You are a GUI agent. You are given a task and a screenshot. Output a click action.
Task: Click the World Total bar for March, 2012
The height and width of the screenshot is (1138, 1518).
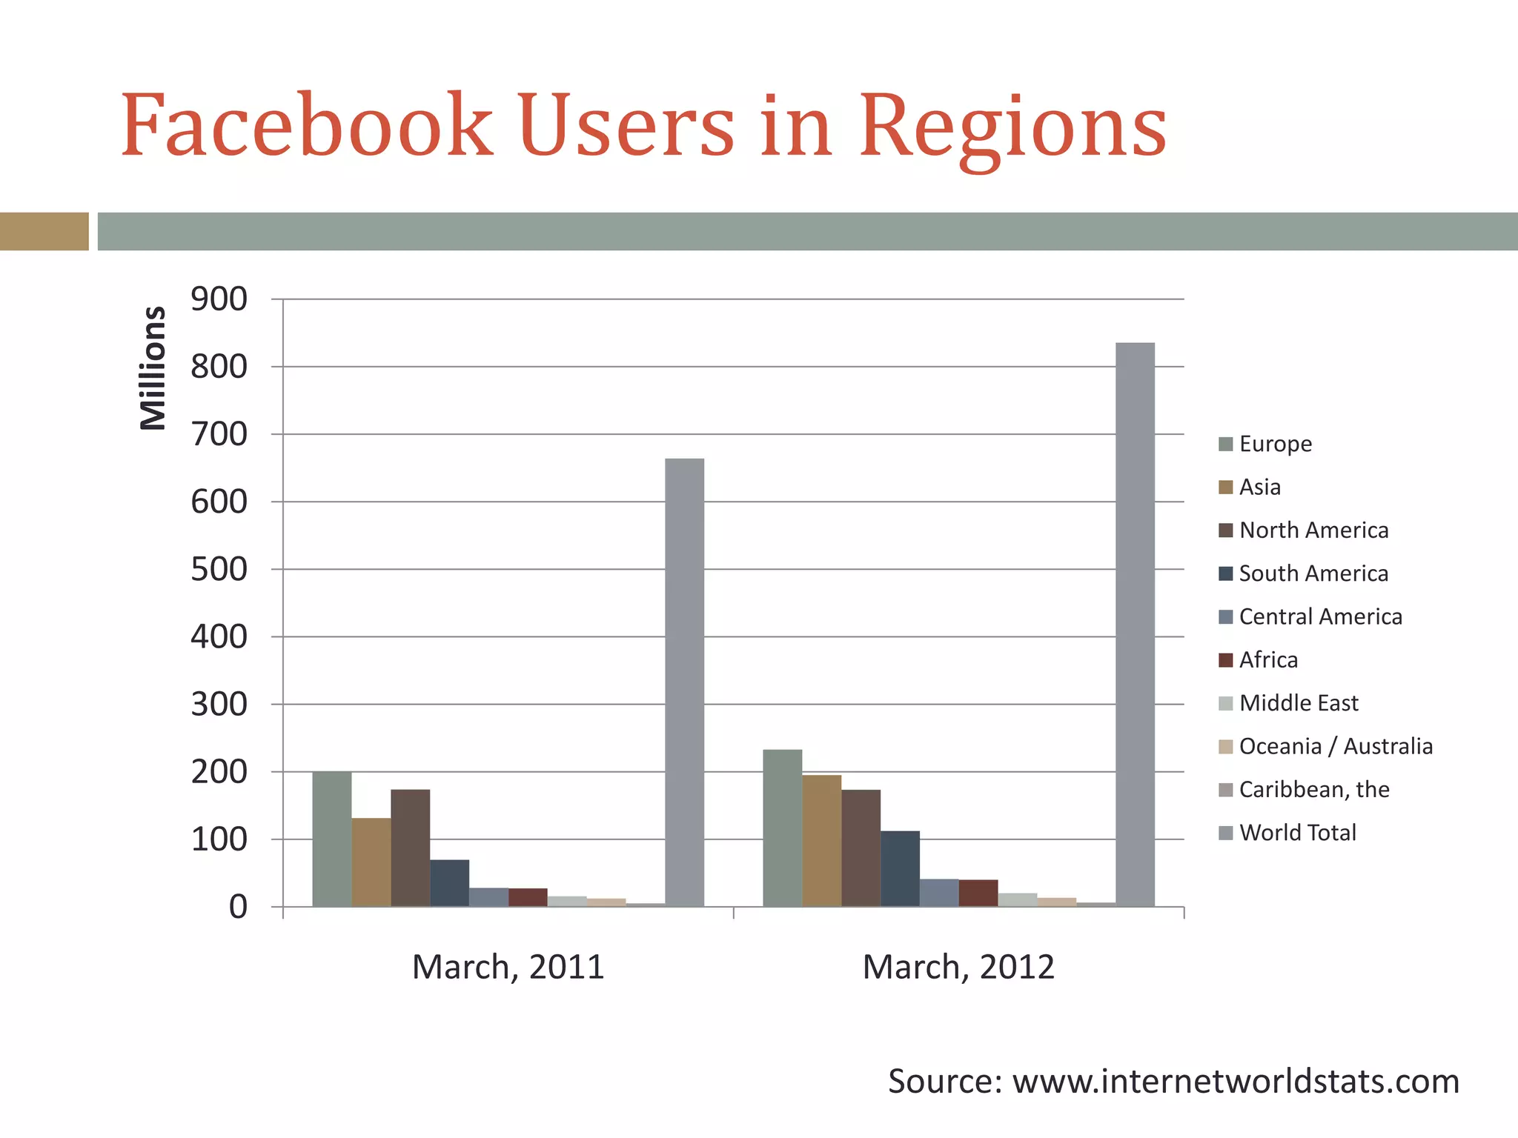point(1135,625)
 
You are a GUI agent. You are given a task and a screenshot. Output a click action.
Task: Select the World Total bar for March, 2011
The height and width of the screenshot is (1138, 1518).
point(684,682)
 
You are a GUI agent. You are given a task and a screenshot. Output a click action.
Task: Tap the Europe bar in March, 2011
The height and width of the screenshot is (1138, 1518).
point(332,839)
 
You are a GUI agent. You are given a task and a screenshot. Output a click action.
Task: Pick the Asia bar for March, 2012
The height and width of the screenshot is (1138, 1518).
point(821,840)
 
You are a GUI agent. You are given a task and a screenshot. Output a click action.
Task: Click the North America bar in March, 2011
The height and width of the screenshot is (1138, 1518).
point(411,848)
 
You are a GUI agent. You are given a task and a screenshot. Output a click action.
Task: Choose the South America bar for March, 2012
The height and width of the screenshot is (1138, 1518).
point(900,868)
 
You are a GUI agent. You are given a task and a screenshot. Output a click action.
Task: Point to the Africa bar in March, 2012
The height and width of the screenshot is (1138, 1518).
point(978,893)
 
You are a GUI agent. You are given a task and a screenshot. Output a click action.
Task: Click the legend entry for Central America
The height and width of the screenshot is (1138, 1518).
point(1320,617)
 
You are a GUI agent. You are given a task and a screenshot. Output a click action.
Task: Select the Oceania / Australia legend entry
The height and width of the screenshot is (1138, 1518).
point(1335,747)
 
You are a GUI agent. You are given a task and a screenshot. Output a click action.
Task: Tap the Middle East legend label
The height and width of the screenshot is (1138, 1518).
point(1299,703)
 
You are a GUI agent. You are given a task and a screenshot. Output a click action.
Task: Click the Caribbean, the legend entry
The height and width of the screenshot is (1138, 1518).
point(1313,790)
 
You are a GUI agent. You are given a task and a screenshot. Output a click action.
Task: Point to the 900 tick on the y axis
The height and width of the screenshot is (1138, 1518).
point(219,299)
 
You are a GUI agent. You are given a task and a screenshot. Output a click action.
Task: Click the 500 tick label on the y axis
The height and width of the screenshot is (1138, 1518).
point(219,570)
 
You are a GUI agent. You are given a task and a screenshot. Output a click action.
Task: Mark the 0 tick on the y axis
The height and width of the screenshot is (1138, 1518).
point(238,907)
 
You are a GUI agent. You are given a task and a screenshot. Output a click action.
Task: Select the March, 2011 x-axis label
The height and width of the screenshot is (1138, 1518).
point(508,968)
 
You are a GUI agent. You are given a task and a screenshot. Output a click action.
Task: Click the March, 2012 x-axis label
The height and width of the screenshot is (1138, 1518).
point(958,968)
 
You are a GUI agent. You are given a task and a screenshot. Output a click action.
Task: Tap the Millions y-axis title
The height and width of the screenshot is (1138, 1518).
point(153,368)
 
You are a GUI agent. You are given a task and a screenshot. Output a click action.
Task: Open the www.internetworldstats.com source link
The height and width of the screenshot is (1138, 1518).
point(1236,1082)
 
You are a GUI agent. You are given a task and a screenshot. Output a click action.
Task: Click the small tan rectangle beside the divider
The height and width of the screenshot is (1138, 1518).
point(44,231)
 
